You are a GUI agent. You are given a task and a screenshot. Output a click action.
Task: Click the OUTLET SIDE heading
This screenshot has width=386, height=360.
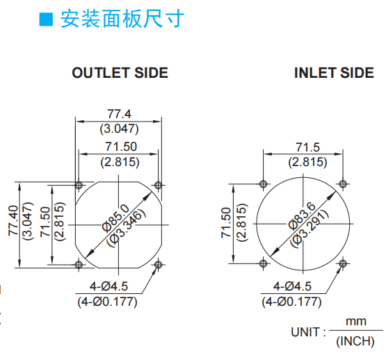tap(120, 73)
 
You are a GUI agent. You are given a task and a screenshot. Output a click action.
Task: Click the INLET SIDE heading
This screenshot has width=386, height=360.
tap(334, 73)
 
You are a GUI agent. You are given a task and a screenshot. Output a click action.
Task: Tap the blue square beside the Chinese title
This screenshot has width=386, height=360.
tap(46, 19)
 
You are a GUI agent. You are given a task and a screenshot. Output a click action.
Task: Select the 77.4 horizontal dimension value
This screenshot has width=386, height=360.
tap(120, 114)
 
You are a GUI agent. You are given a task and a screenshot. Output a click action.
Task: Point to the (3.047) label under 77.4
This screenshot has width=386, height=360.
tap(120, 129)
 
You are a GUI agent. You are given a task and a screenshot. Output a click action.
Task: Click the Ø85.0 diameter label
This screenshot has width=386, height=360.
tap(115, 218)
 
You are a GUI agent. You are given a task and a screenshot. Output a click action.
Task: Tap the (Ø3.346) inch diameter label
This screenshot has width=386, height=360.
tap(127, 228)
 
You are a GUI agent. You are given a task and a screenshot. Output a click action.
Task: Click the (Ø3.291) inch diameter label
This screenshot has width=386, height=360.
tap(309, 228)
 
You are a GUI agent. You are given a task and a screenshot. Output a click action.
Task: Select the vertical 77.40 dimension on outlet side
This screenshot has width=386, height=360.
tap(13, 220)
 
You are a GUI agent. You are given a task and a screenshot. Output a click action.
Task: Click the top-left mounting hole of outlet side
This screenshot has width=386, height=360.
tap(79, 185)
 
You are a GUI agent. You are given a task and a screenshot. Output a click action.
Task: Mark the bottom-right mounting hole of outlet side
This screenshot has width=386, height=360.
tap(158, 265)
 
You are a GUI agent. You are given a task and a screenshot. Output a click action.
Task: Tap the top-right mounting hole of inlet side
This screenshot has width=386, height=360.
tap(343, 183)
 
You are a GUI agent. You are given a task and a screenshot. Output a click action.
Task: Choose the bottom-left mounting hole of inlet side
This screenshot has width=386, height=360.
tap(263, 263)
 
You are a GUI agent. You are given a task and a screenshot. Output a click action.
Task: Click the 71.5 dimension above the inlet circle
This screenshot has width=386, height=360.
tap(307, 147)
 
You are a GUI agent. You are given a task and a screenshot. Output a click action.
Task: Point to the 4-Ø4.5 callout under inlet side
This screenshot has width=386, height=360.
tap(292, 286)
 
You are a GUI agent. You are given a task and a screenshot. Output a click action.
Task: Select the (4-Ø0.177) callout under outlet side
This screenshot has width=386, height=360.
tap(107, 302)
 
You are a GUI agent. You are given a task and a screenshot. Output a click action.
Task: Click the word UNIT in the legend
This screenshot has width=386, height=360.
tap(305, 332)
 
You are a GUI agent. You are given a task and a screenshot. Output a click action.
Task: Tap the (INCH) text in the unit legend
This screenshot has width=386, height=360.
tap(355, 341)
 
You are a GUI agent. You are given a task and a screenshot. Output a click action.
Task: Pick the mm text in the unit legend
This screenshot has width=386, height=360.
tap(356, 322)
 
